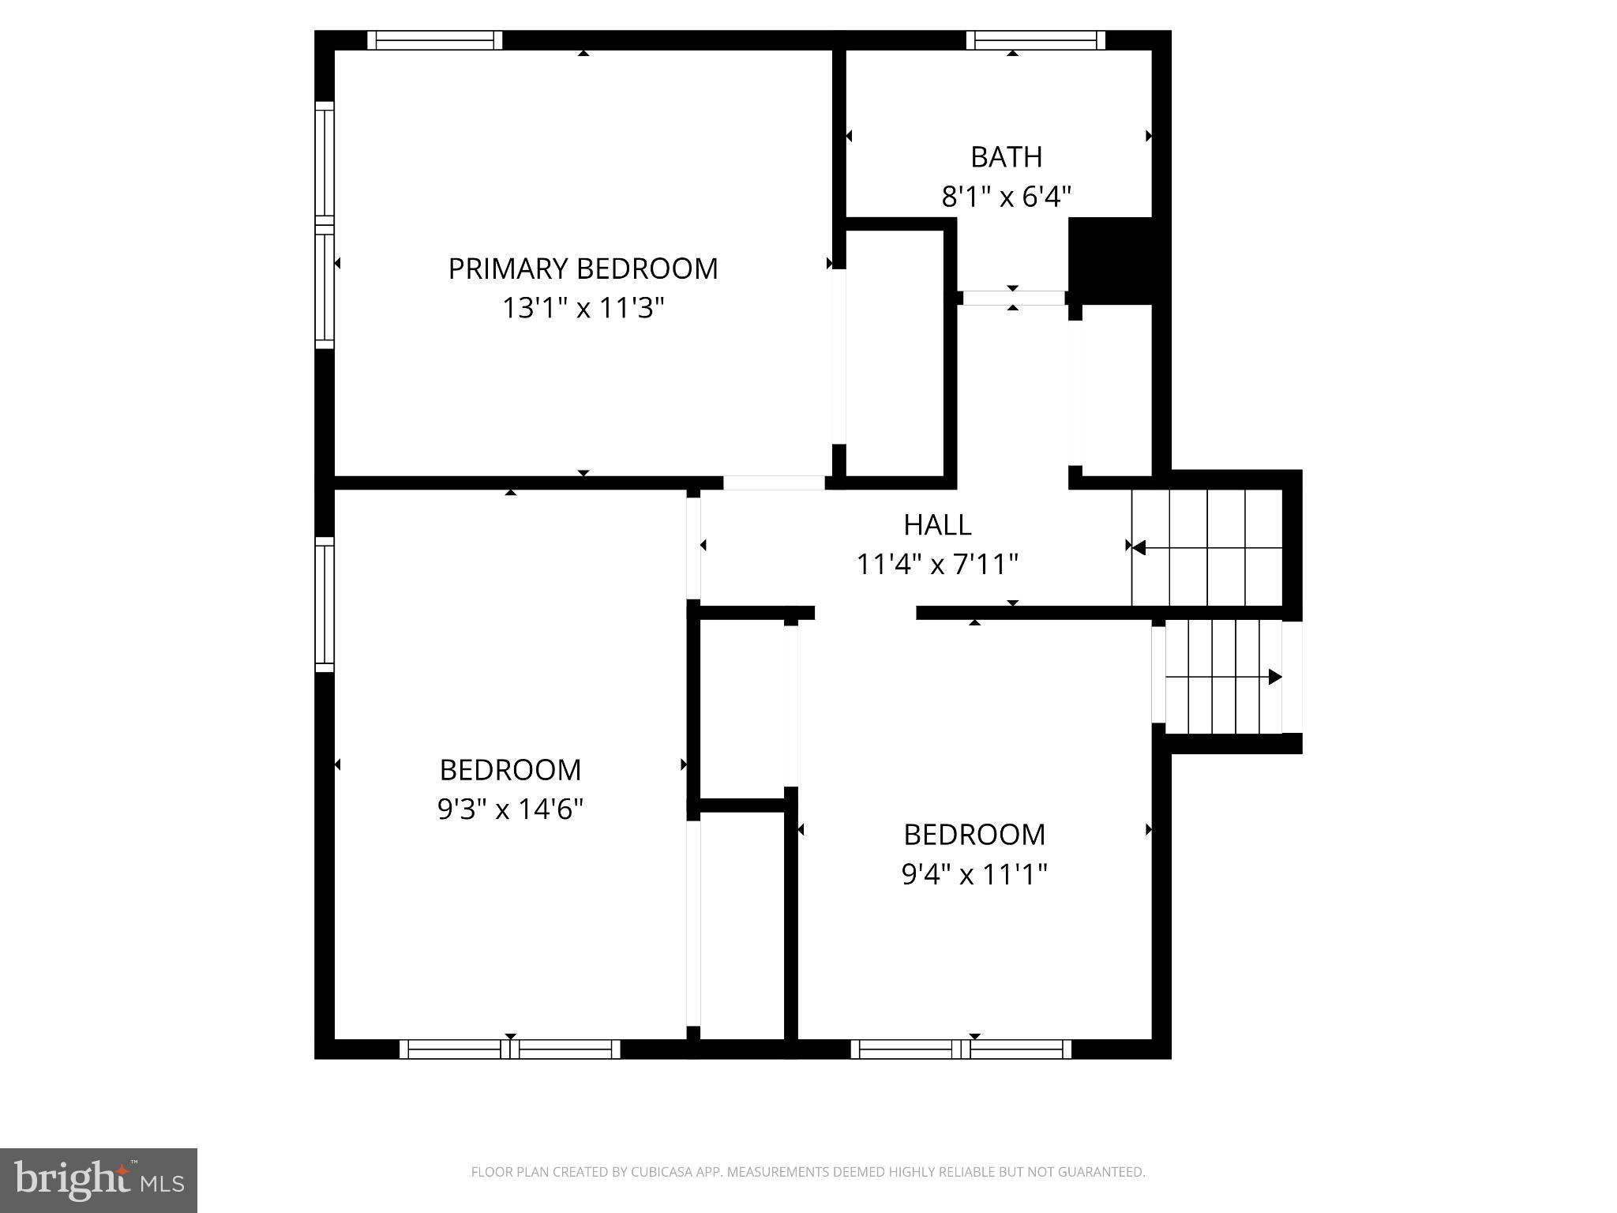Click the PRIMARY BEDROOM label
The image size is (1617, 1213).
[x=583, y=269]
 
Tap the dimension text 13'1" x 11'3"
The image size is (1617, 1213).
[x=583, y=308]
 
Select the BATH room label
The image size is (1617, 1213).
[x=1006, y=157]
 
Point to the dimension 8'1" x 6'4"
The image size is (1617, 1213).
[x=1006, y=197]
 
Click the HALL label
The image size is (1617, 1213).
[x=937, y=525]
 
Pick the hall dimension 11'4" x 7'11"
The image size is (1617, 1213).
[x=937, y=565]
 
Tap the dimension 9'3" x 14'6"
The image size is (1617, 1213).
[x=510, y=809]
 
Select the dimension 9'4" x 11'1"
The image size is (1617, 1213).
[x=974, y=874]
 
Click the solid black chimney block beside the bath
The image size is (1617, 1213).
[x=1110, y=261]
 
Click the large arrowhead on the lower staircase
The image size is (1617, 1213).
[x=1274, y=677]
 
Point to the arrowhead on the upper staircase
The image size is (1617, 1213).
[x=1139, y=546]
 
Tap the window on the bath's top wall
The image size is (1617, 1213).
[x=1035, y=40]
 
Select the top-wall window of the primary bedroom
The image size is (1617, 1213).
[x=434, y=40]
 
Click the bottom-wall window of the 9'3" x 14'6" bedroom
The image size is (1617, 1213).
[x=510, y=1049]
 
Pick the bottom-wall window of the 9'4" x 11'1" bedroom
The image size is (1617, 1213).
[x=961, y=1049]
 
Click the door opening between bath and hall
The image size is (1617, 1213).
[x=1013, y=298]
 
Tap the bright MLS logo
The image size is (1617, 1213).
[x=99, y=1180]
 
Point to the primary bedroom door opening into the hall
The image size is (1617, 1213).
[x=774, y=483]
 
